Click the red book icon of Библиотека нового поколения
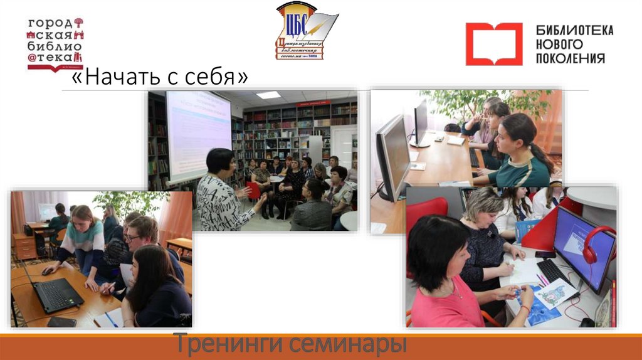pyautogui.click(x=493, y=44)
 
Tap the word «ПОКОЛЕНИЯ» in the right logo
pyautogui.click(x=570, y=58)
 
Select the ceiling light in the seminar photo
pyautogui.click(x=268, y=95)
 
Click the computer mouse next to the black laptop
pyautogui.click(x=48, y=271)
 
